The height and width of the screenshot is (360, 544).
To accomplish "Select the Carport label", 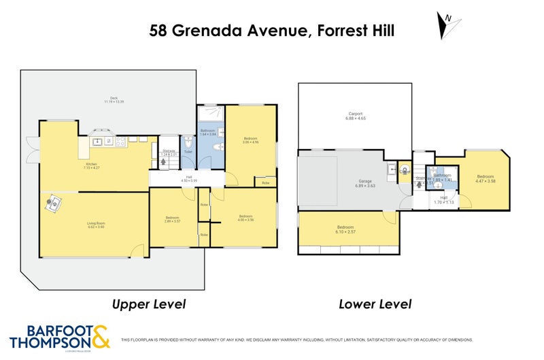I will tap(355, 116).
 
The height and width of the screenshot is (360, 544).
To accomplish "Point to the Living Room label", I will tap(95, 225).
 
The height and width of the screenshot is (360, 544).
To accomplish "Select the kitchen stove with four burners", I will tap(121, 142).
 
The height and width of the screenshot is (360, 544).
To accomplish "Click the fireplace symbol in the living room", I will tap(53, 202).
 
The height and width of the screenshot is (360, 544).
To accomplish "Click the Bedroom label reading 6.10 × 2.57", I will tap(346, 230).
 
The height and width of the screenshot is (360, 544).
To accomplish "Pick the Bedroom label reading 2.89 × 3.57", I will tap(172, 219).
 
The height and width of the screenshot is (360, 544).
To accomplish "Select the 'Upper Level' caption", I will tap(149, 304).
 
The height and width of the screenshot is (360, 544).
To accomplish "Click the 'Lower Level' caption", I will tap(375, 304).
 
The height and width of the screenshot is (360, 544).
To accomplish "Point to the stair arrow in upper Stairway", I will tap(169, 161).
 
